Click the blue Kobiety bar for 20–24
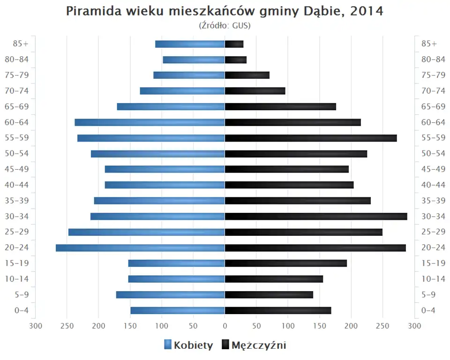(140, 247)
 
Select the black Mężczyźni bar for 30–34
(316, 216)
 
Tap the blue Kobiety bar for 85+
(190, 44)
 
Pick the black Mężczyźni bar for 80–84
(236, 60)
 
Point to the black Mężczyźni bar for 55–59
(311, 138)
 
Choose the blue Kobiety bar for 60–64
(150, 122)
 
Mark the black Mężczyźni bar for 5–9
(269, 294)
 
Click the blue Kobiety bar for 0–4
(178, 310)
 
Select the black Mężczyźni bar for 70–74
(255, 91)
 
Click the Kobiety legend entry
(188, 345)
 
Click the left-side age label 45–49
(16, 169)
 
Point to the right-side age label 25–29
(433, 232)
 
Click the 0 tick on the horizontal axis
(225, 326)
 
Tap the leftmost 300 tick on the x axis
(36, 326)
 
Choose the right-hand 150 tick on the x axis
(320, 326)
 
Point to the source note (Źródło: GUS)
(225, 25)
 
